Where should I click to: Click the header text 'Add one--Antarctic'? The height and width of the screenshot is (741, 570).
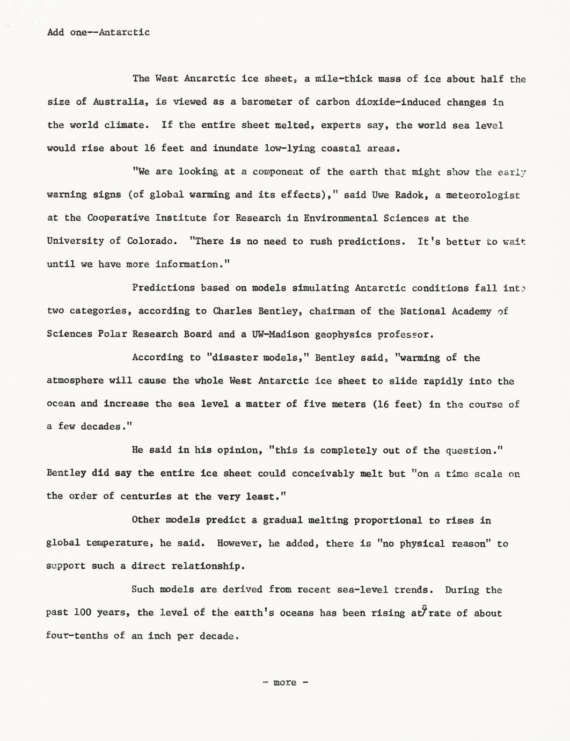click(98, 32)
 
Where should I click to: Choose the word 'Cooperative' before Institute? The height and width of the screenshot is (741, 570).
click(118, 218)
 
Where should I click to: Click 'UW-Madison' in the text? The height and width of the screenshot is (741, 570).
click(280, 334)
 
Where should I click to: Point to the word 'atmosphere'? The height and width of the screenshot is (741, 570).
click(75, 381)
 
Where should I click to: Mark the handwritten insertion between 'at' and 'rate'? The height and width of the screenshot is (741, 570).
click(424, 611)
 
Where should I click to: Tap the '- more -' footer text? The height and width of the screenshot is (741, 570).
click(285, 682)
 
